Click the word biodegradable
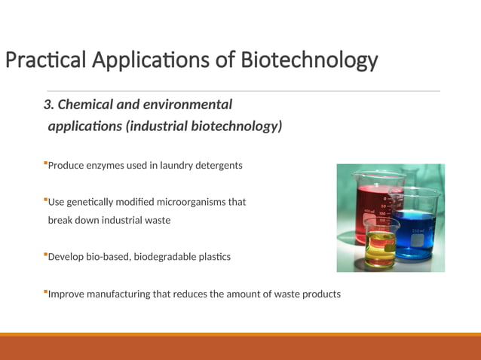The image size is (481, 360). click(160, 257)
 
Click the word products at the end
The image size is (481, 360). click(321, 294)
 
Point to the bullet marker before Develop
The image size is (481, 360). click(45, 255)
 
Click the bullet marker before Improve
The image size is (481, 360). click(45, 291)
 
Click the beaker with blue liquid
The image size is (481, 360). click(412, 226)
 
